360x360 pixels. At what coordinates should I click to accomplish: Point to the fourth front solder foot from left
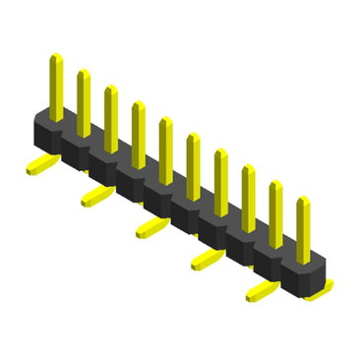(206, 259)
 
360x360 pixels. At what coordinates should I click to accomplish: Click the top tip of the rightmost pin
(303, 200)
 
